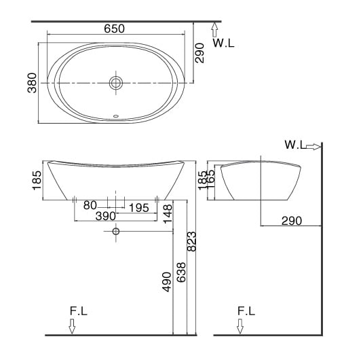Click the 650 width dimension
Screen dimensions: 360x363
coord(115,29)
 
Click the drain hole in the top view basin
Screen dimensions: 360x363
coord(117,83)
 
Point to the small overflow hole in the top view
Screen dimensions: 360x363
coord(117,115)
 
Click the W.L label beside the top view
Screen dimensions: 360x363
coord(223,43)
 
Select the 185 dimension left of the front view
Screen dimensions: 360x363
coord(37,181)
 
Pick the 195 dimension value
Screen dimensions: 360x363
coord(140,206)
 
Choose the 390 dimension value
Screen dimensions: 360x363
coord(105,216)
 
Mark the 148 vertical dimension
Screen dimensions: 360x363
coord(167,215)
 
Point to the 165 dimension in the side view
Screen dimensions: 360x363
coord(211,181)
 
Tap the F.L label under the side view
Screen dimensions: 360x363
coord(247,311)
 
